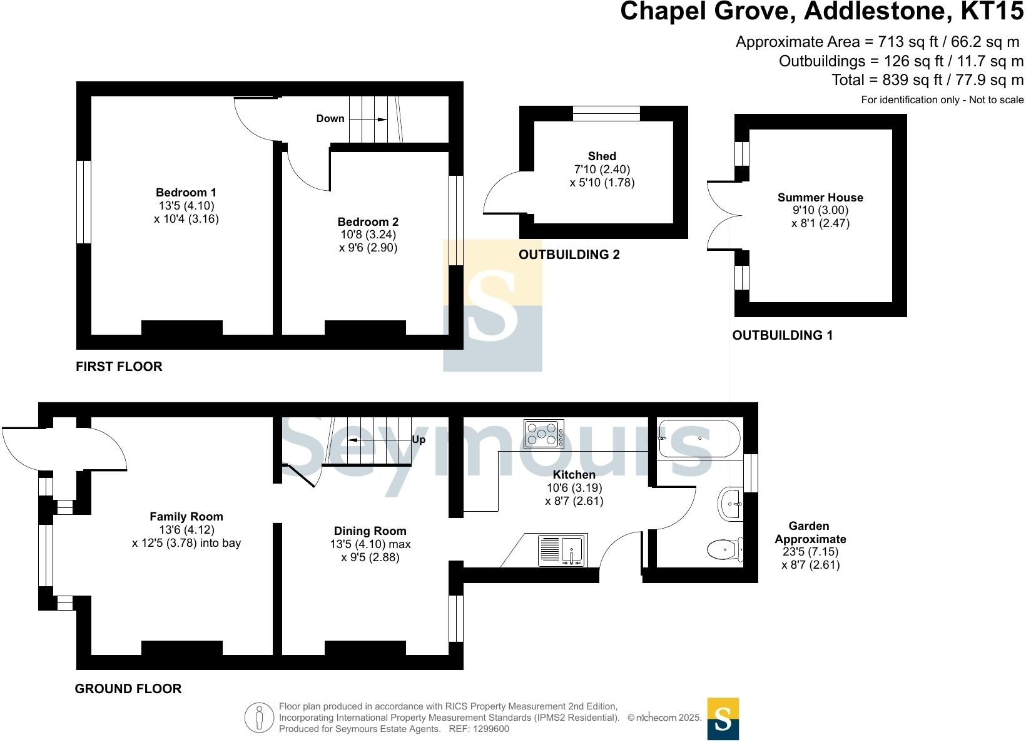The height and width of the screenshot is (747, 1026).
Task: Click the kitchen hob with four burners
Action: [x=544, y=434]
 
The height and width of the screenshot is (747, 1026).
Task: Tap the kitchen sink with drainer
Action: [x=562, y=551]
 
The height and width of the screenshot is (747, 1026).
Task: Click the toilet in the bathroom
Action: [x=724, y=549]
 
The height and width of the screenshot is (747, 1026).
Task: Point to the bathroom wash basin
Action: [x=731, y=504]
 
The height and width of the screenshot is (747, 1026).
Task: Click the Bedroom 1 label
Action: [x=186, y=193]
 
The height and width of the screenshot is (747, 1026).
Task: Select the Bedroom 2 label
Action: [x=368, y=221]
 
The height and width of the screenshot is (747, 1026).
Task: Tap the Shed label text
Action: [x=602, y=156]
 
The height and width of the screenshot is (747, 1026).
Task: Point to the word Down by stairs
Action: [x=330, y=118]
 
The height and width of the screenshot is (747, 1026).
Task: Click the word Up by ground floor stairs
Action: [x=419, y=440]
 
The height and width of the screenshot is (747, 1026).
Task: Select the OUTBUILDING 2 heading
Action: [x=569, y=255]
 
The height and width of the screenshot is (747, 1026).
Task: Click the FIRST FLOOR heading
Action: [x=119, y=367]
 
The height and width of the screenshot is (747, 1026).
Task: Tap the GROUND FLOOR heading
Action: [x=128, y=689]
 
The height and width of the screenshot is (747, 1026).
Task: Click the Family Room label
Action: [x=186, y=517]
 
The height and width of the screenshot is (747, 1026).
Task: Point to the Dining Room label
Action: [x=370, y=531]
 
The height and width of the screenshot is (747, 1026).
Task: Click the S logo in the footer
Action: [x=723, y=719]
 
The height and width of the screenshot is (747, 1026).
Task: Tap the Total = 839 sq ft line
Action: [x=927, y=80]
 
